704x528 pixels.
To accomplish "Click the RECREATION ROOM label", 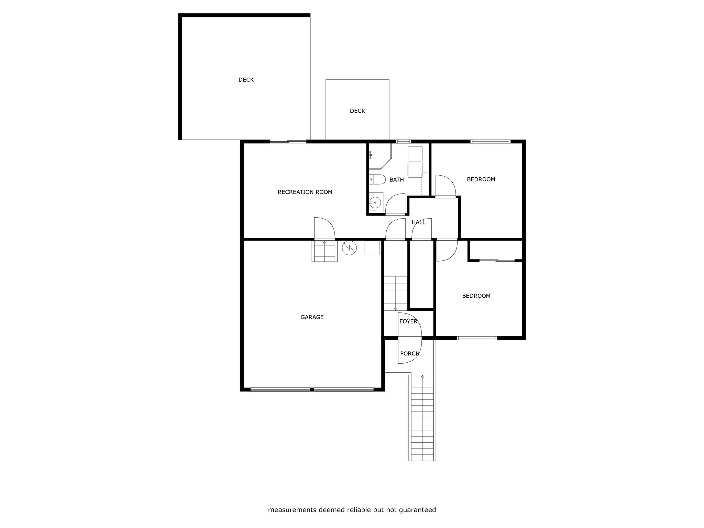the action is pyautogui.click(x=305, y=192).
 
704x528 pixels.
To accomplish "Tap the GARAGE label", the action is pyautogui.click(x=312, y=317).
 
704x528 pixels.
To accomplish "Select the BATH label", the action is pyautogui.click(x=396, y=180).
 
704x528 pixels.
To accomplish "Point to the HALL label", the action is pyautogui.click(x=418, y=222).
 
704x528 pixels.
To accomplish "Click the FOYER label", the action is pyautogui.click(x=408, y=321).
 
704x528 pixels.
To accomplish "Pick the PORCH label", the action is pyautogui.click(x=410, y=353).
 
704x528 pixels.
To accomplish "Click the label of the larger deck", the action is pyautogui.click(x=246, y=80).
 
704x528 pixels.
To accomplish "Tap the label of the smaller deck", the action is pyautogui.click(x=357, y=111).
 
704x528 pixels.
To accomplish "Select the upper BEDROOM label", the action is pyautogui.click(x=481, y=179).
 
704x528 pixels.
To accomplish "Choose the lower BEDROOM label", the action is pyautogui.click(x=476, y=296).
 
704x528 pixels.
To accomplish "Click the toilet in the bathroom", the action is pyautogui.click(x=377, y=179).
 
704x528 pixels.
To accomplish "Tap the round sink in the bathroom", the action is pyautogui.click(x=375, y=202).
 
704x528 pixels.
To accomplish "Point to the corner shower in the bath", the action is pyautogui.click(x=379, y=156).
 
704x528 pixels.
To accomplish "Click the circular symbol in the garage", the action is pyautogui.click(x=349, y=247).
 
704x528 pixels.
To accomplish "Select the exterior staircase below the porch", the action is pyautogui.click(x=422, y=418).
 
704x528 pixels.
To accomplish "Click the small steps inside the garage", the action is pyautogui.click(x=324, y=251).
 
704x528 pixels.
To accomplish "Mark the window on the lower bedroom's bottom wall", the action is pyautogui.click(x=477, y=338).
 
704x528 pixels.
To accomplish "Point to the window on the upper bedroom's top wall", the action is pyautogui.click(x=490, y=141).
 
